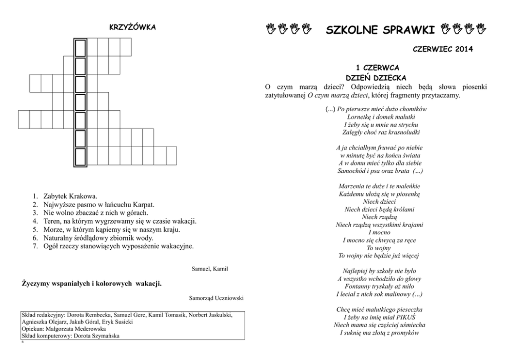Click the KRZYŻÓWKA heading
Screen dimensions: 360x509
pyautogui.click(x=132, y=27)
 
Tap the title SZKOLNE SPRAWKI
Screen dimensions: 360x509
pyautogui.click(x=381, y=30)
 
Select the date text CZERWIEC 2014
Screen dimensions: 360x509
pyautogui.click(x=442, y=49)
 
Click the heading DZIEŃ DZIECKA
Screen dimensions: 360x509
pyautogui.click(x=377, y=77)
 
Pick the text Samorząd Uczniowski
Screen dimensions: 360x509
pyautogui.click(x=216, y=298)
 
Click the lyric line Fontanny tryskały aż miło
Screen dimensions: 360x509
pyautogui.click(x=377, y=286)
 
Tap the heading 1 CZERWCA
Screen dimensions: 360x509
pyautogui.click(x=378, y=67)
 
